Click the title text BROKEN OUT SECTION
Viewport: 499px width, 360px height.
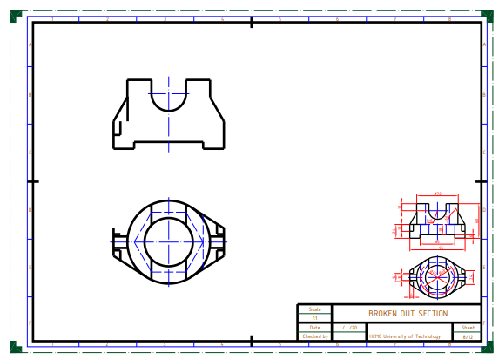tap(408, 314)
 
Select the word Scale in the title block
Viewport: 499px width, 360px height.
tap(314, 309)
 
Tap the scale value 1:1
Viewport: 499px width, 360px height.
tap(314, 318)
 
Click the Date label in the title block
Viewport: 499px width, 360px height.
tap(314, 328)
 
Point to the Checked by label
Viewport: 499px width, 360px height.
tap(314, 336)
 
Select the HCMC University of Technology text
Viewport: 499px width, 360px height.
tap(404, 336)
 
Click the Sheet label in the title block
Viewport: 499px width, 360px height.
tap(468, 328)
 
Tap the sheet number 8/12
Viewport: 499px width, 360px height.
tap(468, 336)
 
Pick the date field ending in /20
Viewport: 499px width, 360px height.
tap(350, 328)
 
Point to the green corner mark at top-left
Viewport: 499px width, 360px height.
tap(14, 15)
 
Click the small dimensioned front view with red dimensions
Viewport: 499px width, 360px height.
tap(438, 222)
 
